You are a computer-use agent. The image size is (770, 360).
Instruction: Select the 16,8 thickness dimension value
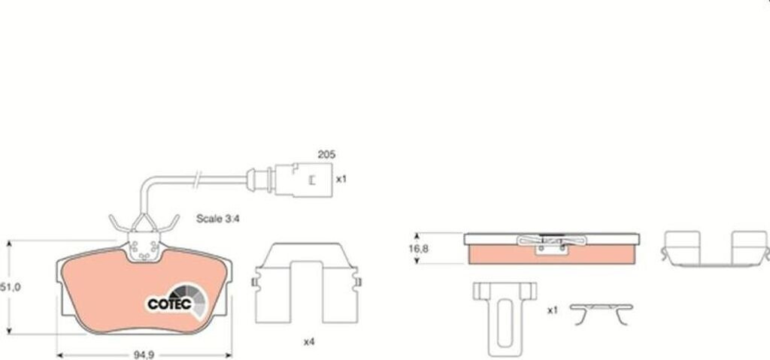click(419, 249)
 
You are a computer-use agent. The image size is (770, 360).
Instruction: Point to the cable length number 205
click(326, 154)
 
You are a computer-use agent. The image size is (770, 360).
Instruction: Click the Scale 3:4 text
click(217, 219)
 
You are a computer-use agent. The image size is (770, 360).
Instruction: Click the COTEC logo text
click(169, 304)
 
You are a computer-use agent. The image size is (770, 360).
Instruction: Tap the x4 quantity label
click(308, 342)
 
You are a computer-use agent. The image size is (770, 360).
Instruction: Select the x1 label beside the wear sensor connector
click(341, 180)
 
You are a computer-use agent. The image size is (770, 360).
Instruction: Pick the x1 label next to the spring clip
click(553, 310)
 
